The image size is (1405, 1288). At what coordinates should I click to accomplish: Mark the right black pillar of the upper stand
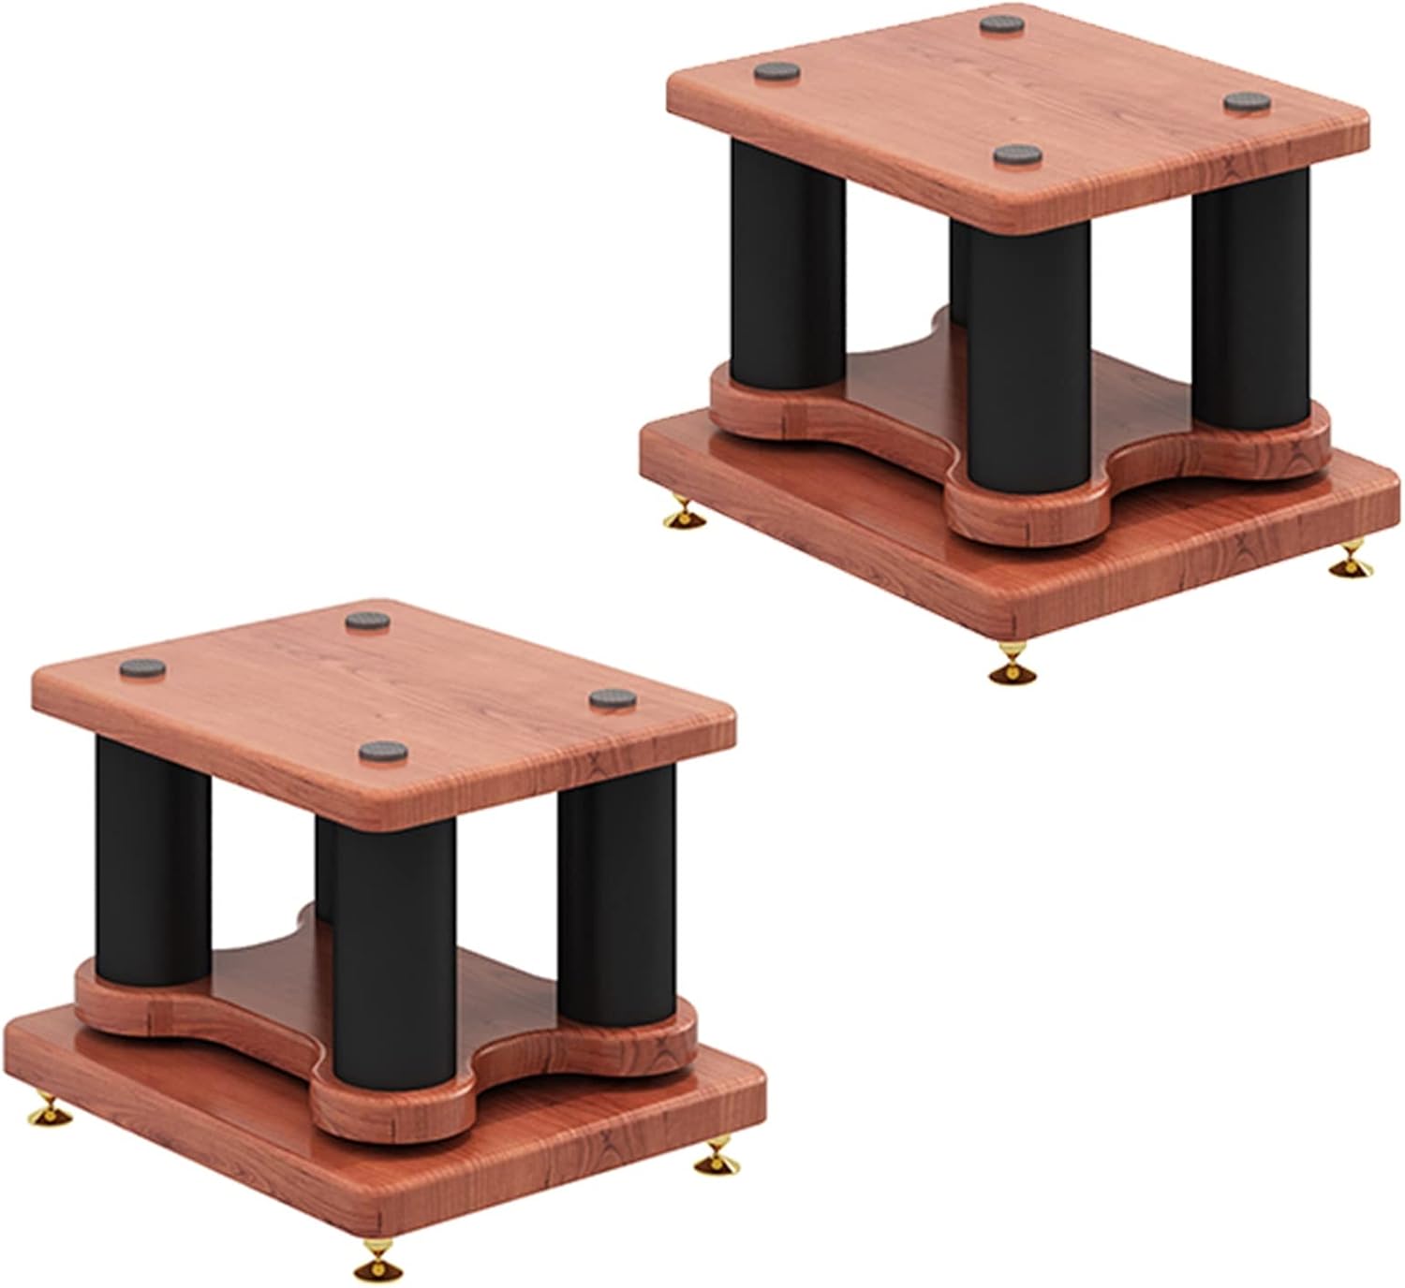tap(1250, 309)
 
